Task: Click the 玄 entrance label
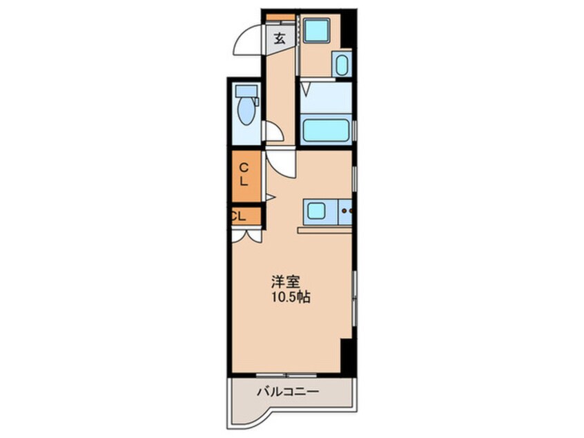point(279,39)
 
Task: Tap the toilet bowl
point(244,111)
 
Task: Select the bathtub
point(326,129)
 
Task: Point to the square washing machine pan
point(317,30)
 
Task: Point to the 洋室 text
point(285,282)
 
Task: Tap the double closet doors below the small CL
point(246,235)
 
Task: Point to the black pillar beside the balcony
point(349,356)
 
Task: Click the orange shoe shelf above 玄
point(280,17)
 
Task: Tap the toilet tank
point(245,90)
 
